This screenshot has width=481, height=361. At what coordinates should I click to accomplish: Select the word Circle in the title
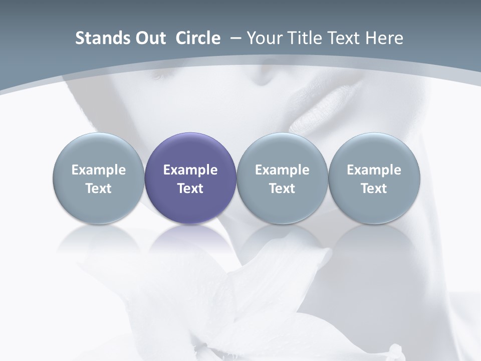pyautogui.click(x=198, y=38)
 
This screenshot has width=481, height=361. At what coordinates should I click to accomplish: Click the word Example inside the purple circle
pyautogui.click(x=190, y=170)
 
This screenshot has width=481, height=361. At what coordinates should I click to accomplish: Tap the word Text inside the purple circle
pyautogui.click(x=190, y=189)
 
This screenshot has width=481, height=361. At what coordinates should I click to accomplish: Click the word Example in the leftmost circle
pyautogui.click(x=99, y=170)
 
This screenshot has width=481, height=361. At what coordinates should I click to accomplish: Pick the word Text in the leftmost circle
pyautogui.click(x=99, y=189)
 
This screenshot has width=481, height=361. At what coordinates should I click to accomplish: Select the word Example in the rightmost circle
pyautogui.click(x=374, y=170)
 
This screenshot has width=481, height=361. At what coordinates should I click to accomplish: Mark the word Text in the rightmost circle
pyautogui.click(x=374, y=189)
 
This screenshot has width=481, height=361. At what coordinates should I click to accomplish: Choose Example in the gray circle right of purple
pyautogui.click(x=282, y=170)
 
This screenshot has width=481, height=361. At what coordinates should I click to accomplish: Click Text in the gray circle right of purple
pyautogui.click(x=282, y=189)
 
